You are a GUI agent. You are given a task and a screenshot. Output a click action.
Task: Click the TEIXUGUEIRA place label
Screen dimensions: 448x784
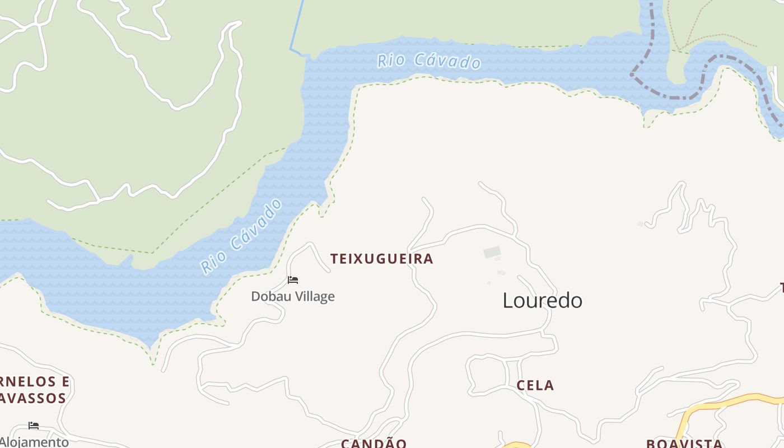[381, 259]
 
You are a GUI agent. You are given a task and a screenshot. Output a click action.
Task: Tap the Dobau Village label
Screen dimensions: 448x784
[292, 296]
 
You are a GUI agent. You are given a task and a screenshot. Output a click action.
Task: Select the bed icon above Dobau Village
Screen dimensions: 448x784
[292, 280]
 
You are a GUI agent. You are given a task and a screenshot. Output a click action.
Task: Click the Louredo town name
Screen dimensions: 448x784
[542, 301]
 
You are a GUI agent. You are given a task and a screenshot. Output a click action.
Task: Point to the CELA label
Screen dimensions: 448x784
[535, 385]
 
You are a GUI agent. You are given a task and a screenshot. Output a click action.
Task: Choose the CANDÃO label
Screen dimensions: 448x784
[374, 444]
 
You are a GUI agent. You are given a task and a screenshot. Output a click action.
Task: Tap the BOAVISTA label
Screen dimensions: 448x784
[684, 444]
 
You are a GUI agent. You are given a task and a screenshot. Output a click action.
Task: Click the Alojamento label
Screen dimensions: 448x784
[34, 442]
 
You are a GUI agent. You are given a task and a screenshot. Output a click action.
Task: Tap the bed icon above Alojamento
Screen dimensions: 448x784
[34, 426]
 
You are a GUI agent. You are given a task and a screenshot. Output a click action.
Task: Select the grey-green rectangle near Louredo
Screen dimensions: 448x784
[492, 252]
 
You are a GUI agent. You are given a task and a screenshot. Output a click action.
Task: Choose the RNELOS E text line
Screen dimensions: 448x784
[35, 382]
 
